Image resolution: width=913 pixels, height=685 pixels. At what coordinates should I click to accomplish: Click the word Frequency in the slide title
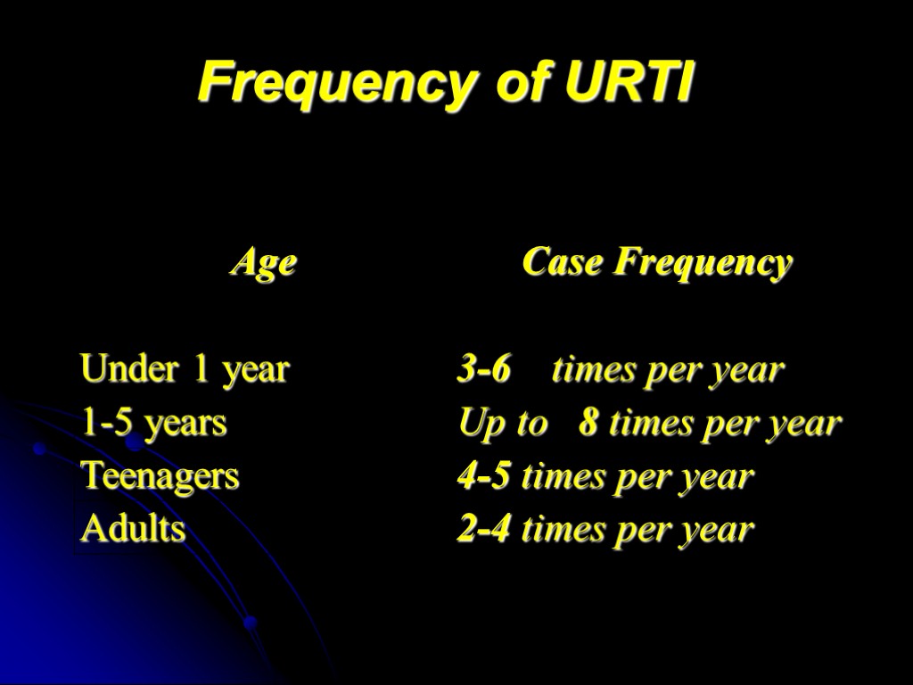coord(335,85)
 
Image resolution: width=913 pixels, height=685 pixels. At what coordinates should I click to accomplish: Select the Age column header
coord(263,263)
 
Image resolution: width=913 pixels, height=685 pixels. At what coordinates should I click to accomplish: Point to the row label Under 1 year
coord(185,369)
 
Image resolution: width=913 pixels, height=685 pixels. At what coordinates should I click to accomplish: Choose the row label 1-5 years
coord(153,423)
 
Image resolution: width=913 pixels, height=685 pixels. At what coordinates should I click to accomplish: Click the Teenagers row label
coord(160,476)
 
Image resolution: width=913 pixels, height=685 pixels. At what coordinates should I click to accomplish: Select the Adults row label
coord(133,530)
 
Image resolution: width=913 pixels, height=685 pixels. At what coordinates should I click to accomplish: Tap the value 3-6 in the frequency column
coord(484,369)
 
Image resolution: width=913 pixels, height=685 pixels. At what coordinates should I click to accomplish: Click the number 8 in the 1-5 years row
coord(588,423)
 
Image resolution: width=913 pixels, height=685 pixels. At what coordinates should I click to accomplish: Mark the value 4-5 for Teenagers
coord(484,476)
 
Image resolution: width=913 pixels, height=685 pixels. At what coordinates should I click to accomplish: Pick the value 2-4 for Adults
coord(484,530)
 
